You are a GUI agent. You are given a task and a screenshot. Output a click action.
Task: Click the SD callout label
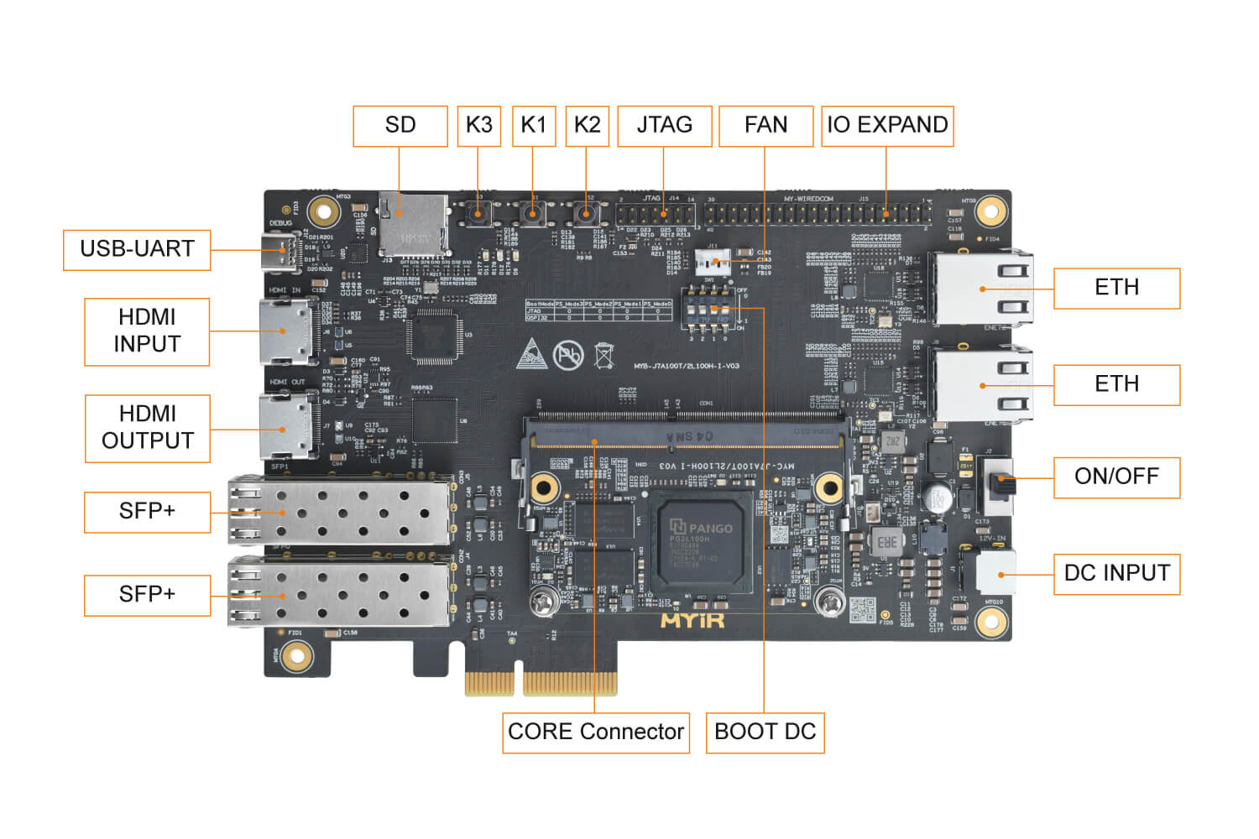(400, 126)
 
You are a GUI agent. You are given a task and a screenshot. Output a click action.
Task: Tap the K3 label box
(478, 126)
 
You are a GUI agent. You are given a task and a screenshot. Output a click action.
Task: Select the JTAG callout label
(664, 126)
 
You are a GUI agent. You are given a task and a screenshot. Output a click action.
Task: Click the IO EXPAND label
(887, 126)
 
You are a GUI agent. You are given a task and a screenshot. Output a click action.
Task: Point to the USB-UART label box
(137, 249)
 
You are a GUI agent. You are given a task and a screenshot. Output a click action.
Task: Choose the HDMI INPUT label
(147, 331)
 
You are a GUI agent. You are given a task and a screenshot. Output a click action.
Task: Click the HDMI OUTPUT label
(147, 427)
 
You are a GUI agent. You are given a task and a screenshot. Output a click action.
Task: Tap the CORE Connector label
(596, 732)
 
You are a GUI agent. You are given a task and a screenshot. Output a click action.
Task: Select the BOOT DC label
(765, 732)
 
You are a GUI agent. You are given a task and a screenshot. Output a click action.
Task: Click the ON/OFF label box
(1116, 477)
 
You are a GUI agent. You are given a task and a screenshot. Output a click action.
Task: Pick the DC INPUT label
(1116, 573)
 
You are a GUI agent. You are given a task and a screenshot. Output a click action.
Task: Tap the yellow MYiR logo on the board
(692, 620)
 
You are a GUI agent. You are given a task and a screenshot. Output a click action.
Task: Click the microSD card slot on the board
(412, 224)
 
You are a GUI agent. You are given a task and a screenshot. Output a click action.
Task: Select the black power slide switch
(999, 485)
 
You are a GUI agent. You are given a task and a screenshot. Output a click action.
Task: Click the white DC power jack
(995, 573)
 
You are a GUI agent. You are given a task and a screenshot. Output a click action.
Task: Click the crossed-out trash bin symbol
(603, 356)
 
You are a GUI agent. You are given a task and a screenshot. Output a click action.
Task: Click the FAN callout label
(765, 126)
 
